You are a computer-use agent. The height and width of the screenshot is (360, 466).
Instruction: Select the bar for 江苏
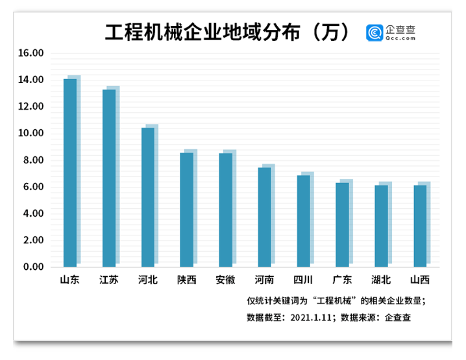109,178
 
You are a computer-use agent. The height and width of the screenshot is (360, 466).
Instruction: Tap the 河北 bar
148,197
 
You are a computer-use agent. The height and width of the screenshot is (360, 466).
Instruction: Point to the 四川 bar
303,221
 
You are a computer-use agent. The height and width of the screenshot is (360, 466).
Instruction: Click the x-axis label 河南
264,280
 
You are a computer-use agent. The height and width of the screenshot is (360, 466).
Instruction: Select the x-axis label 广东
342,280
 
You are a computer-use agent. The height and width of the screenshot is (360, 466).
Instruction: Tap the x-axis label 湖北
381,280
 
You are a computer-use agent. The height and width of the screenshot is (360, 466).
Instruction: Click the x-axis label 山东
70,280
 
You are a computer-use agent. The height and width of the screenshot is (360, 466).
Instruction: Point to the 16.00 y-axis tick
31,53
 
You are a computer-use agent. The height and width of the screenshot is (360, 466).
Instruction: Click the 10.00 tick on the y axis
31,134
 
